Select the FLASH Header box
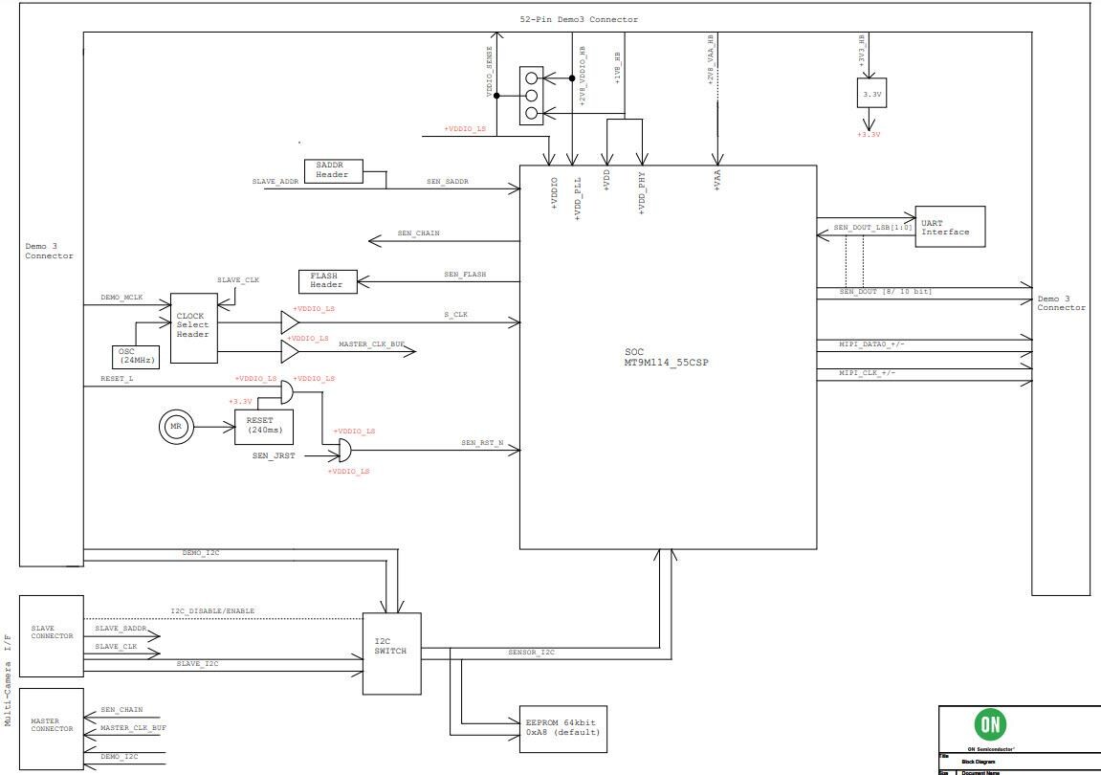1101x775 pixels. point(326,281)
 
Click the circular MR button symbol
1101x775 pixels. point(175,425)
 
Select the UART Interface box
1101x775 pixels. point(949,227)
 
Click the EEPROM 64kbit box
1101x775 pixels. point(562,728)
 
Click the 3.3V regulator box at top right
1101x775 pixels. point(871,94)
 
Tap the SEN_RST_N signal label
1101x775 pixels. point(482,444)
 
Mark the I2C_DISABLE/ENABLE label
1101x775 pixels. point(212,611)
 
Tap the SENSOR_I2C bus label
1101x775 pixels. point(531,653)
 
